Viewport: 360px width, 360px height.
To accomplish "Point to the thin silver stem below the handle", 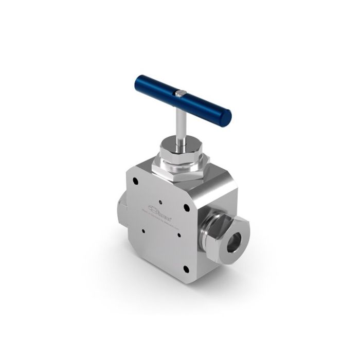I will (x=178, y=121).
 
